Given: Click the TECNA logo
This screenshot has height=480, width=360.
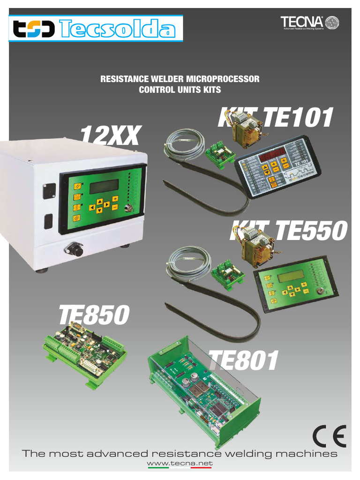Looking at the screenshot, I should (309, 22).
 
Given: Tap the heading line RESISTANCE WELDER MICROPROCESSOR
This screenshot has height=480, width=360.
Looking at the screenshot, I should (180, 79).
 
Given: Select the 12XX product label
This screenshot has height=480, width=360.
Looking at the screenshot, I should (110, 136).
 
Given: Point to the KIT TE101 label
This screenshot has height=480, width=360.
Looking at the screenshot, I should (276, 117).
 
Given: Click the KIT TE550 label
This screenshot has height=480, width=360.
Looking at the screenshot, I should (288, 232).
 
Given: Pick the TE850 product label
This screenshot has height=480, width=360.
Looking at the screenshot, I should (93, 315).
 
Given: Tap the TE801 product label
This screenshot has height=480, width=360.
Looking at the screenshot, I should (243, 361).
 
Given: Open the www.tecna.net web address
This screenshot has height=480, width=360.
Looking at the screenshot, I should (180, 464).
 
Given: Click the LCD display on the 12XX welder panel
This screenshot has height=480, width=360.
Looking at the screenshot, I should (104, 187).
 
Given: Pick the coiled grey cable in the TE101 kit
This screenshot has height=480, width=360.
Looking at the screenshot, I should (185, 141).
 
